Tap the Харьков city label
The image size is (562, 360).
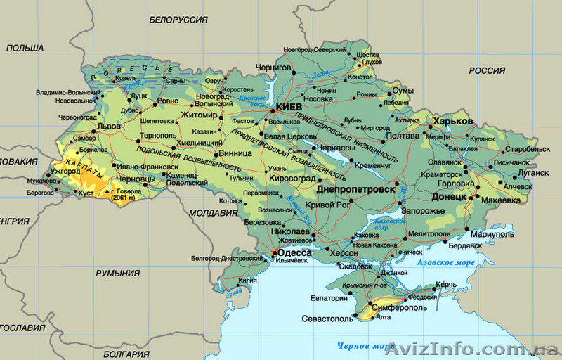[453, 122]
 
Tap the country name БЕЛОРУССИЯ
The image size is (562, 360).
[178, 20]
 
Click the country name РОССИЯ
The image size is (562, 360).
[487, 70]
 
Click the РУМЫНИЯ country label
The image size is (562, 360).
[117, 273]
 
